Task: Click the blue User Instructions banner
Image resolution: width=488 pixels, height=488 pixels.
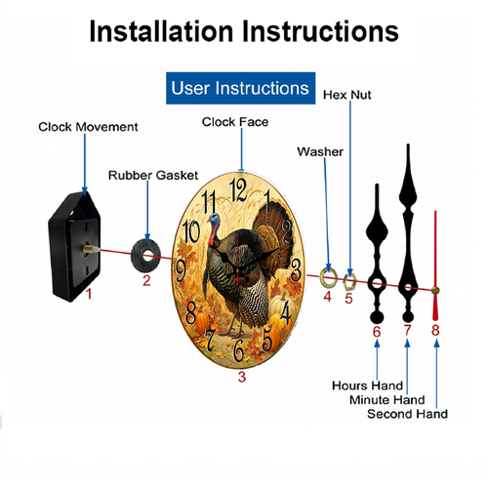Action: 240,88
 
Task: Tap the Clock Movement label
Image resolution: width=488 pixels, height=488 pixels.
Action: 88,127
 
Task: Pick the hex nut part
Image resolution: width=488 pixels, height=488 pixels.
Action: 349,282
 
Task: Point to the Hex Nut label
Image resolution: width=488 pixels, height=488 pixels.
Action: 347,95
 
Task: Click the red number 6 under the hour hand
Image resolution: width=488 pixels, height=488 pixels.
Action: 377,332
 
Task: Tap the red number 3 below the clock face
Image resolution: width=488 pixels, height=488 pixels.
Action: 241,377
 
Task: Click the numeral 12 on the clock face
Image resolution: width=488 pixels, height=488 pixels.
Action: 238,190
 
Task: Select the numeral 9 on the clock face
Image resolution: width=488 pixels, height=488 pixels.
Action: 181,271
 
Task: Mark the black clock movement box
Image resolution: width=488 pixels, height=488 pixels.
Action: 74,247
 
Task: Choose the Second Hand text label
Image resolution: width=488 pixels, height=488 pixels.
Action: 407,414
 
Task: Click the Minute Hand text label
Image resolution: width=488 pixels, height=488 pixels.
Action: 387,400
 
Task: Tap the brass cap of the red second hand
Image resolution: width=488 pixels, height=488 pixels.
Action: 435,290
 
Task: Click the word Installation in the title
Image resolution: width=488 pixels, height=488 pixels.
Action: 161,31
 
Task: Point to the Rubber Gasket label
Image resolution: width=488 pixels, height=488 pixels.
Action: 153,176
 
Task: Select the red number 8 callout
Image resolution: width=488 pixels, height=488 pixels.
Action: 435,330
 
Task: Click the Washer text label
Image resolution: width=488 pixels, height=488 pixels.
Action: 320,152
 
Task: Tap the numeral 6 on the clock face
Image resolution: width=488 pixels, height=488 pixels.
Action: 239,350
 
